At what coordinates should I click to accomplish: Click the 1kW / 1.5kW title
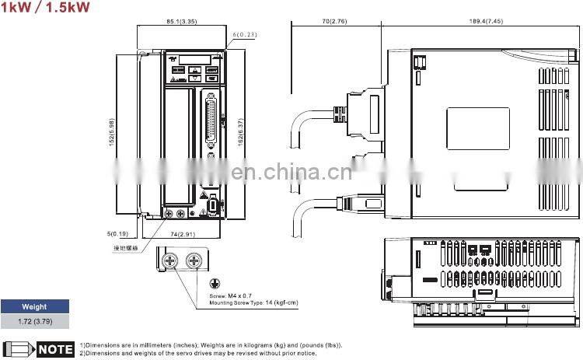pyautogui.click(x=45, y=8)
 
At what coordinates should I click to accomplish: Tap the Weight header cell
pyautogui.click(x=34, y=307)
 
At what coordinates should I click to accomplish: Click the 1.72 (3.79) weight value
pyautogui.click(x=34, y=320)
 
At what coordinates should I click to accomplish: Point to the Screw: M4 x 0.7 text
pyautogui.click(x=230, y=296)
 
